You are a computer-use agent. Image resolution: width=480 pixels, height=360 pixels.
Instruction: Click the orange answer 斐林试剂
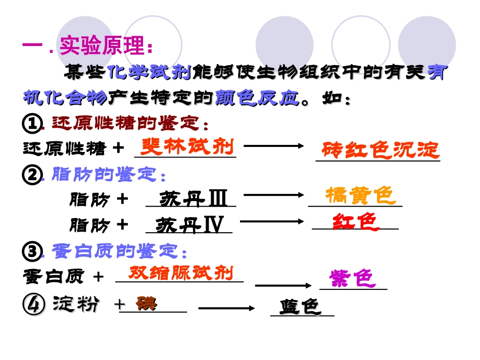pos(187,146)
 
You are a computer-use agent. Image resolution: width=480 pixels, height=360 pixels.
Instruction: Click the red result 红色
pos(356,222)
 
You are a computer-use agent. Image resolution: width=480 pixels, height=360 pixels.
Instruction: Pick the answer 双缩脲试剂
pos(181,273)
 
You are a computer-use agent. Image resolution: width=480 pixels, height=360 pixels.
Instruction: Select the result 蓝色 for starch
pos(301,306)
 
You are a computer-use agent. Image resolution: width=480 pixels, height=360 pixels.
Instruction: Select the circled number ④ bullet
pos(31,305)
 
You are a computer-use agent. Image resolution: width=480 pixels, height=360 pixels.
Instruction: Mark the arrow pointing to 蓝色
pos(227,307)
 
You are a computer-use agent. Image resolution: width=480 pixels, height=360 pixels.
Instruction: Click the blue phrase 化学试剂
pos(150,73)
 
